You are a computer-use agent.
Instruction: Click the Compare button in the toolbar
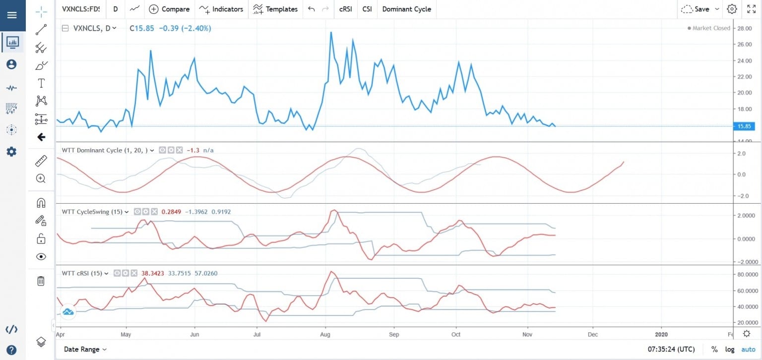169,9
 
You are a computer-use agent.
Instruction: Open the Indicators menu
221,9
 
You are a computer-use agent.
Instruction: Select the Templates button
275,9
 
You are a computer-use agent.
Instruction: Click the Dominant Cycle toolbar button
406,9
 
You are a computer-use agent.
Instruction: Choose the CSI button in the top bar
367,9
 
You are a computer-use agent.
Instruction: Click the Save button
700,9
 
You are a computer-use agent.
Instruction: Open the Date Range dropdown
85,349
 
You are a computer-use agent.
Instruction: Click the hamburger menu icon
12,15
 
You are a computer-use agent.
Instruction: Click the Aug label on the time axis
325,334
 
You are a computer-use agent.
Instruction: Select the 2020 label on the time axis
661,334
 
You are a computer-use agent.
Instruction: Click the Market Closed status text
711,28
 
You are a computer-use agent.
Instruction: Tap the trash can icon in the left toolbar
41,281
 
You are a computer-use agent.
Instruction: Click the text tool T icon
41,83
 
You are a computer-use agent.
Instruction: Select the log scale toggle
729,349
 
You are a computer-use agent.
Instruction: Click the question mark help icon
12,349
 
